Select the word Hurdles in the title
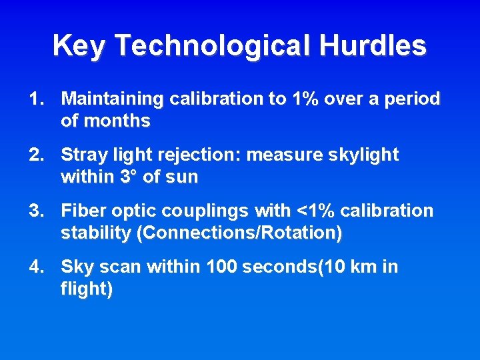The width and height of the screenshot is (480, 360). click(373, 46)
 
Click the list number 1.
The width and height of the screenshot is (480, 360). click(36, 99)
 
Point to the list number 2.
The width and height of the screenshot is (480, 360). click(36, 155)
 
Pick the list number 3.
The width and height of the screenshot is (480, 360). click(36, 211)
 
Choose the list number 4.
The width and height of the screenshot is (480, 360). click(36, 267)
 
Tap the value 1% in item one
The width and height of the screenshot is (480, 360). click(305, 99)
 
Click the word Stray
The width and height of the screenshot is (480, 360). click(81, 155)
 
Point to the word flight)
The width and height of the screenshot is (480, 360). click(86, 289)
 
